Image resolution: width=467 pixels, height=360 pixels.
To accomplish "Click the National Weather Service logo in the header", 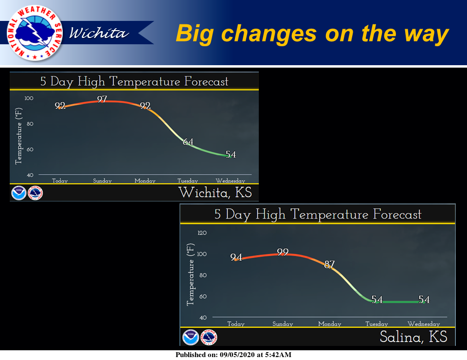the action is [35, 33].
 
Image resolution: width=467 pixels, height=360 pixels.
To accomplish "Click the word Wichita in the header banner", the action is [99, 33].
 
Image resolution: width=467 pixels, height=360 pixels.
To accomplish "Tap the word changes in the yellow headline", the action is [269, 34].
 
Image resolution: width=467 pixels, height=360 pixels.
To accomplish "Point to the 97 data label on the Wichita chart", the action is [102, 99].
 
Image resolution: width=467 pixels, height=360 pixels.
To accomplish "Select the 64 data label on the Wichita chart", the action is [188, 142].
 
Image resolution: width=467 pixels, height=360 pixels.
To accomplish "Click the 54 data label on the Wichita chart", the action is [231, 154].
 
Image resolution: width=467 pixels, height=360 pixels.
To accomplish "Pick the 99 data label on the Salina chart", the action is [283, 252].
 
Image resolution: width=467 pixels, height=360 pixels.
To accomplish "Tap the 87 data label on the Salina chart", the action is [329, 265].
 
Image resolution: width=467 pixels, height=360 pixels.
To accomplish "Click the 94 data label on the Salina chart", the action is [236, 257].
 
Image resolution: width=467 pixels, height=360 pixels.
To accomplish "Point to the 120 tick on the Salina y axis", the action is [202, 233].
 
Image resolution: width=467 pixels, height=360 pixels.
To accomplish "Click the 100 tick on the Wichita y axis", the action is [29, 98].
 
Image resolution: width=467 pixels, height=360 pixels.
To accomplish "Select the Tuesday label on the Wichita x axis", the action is [187, 181].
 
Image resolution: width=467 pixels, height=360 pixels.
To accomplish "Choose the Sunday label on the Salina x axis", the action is [283, 324].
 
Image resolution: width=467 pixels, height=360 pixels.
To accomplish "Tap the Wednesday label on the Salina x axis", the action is [424, 324].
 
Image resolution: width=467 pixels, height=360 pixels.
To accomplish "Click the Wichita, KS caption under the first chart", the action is [215, 192].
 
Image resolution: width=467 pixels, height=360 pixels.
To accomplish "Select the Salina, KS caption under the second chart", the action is [413, 337].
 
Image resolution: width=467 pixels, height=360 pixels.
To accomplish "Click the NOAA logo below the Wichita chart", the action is [18, 193].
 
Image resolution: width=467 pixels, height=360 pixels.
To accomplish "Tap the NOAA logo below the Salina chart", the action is [191, 337].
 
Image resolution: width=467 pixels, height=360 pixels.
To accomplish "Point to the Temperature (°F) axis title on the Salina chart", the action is [190, 274].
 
